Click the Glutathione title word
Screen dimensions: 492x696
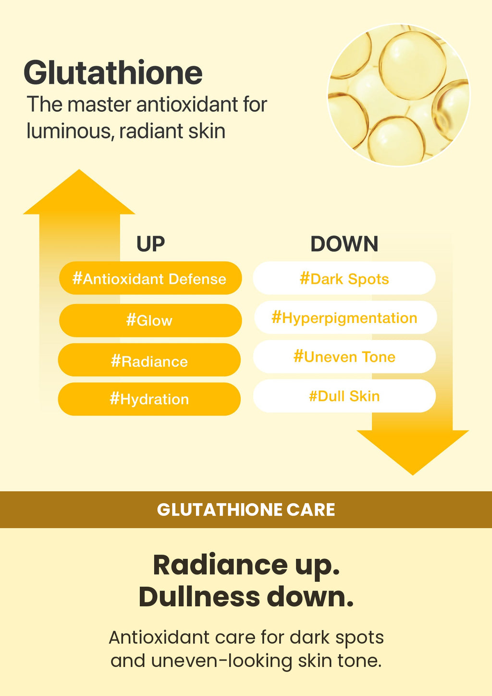point(113,72)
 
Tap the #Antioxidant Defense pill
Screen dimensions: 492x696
point(150,278)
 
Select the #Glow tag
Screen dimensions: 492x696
point(150,320)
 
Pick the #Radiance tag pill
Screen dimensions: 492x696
point(149,360)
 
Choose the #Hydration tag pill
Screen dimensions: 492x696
point(149,399)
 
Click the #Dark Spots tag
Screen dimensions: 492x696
point(344,278)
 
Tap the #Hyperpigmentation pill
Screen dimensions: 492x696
point(345,317)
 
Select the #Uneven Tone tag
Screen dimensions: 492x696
point(344,357)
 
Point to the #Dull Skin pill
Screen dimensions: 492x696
point(344,396)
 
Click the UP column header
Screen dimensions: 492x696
point(150,244)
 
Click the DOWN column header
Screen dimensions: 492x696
point(344,244)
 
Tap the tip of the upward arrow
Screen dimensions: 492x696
point(79,170)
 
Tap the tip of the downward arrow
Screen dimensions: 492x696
point(413,475)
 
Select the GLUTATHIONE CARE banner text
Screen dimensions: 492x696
point(246,510)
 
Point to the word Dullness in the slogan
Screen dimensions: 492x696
point(199,597)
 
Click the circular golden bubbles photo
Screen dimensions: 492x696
point(399,95)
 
